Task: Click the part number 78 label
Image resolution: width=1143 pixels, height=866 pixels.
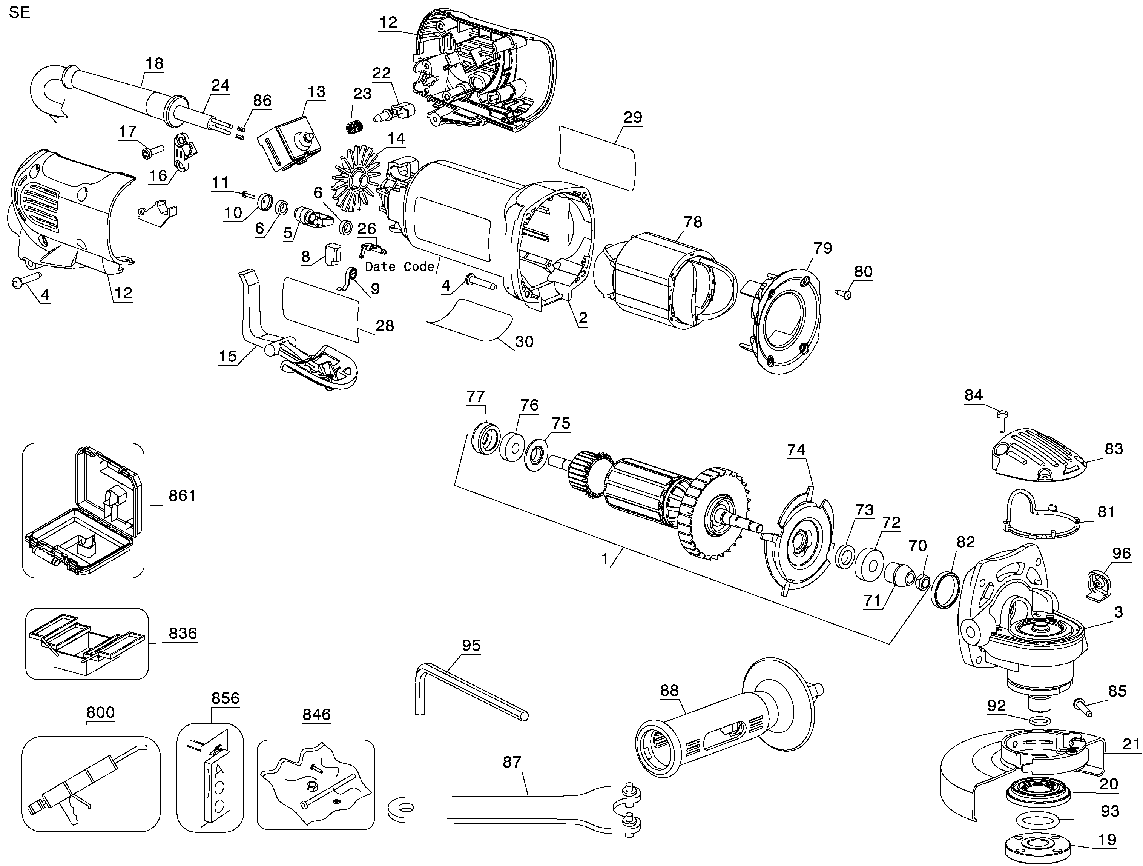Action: [x=693, y=222]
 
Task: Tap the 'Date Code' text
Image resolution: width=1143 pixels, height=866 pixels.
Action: [x=399, y=267]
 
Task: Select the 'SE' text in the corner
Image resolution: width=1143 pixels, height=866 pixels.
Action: [x=20, y=12]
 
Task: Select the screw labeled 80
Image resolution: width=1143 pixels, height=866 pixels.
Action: [x=843, y=294]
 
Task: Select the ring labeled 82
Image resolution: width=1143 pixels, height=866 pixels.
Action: [x=946, y=589]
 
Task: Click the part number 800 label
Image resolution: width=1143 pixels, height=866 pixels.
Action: [x=100, y=712]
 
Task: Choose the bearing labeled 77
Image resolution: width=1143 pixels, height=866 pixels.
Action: [x=486, y=438]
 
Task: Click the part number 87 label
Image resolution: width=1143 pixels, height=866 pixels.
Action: [x=512, y=761]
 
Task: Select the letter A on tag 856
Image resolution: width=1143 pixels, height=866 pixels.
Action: [x=219, y=768]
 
